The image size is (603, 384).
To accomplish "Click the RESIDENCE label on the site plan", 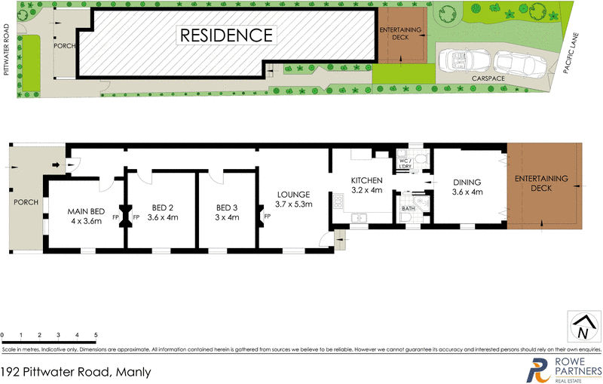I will pos(225,35).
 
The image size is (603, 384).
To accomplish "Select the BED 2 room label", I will pos(163,207).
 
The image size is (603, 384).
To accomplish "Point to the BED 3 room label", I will pos(227,207).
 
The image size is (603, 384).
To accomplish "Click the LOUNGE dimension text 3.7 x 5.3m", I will pos(293,204).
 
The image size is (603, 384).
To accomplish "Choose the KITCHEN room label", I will pos(367,180).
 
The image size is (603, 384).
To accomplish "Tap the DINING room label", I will pos(467,182).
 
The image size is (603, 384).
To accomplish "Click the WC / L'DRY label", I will pos(404,162).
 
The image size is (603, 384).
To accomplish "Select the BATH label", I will pos(408,208).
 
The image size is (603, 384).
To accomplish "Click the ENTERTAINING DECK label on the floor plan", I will pos(541,183).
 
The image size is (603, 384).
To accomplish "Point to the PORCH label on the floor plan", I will pos(26,203).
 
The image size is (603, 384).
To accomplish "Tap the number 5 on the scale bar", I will pos(96,334).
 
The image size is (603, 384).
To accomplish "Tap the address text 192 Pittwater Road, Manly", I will pos(76,372).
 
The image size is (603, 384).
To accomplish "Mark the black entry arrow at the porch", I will pos(57,165).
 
